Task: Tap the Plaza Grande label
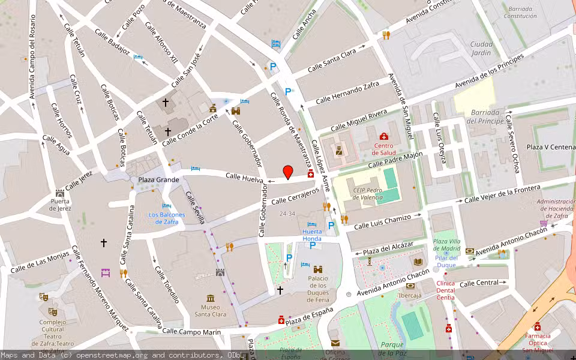(x=158, y=179)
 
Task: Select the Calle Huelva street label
(x=244, y=177)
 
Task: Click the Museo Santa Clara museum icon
(x=210, y=298)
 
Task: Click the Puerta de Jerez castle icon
(x=60, y=193)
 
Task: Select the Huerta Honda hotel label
(x=312, y=235)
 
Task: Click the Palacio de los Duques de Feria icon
(x=318, y=269)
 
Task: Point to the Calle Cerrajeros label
(x=295, y=196)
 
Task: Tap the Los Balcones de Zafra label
(x=167, y=218)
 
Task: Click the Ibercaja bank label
(x=410, y=295)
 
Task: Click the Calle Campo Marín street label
(x=191, y=331)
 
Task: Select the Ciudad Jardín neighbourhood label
(x=481, y=49)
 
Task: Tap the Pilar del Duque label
(x=446, y=262)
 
